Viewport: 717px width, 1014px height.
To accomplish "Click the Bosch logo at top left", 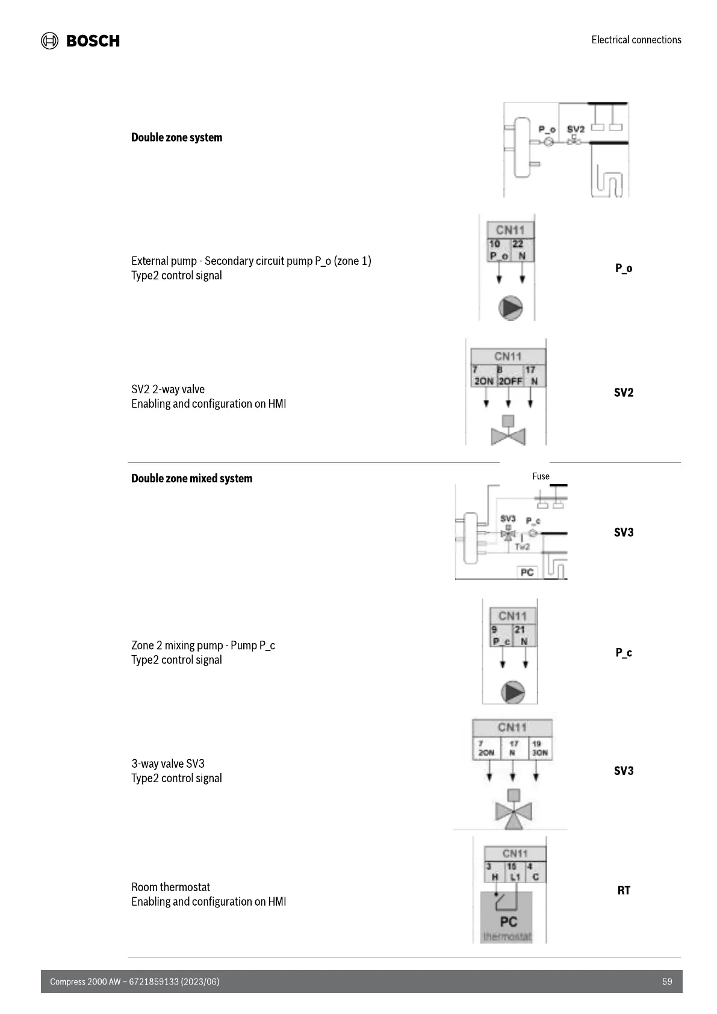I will [80, 40].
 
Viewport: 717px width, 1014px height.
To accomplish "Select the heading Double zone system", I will [176, 137].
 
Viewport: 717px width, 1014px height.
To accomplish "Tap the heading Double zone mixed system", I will [191, 479].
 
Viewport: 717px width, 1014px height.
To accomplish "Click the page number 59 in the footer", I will [667, 981].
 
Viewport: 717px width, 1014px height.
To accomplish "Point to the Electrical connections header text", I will [636, 40].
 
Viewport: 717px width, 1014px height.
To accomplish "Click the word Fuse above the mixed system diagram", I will [541, 476].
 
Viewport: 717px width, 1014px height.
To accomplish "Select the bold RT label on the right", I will [624, 890].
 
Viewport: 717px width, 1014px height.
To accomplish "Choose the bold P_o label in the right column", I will [624, 268].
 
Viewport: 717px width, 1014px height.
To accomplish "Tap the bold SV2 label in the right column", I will [624, 393].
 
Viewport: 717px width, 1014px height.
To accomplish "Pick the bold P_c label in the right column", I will [624, 652].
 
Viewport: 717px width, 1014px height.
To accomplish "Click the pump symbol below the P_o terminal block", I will [511, 308].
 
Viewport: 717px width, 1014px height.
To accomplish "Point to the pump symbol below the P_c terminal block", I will [513, 692].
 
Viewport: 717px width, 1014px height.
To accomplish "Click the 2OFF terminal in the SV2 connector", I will [511, 381].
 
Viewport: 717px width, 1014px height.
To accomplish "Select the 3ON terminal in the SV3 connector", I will [539, 753].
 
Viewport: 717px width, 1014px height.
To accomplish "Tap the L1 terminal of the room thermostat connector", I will [515, 877].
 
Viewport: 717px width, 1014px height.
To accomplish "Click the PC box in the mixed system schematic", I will [527, 572].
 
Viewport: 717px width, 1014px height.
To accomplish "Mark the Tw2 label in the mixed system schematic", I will [522, 547].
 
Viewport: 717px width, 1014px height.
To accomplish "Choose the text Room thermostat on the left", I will [170, 887].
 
